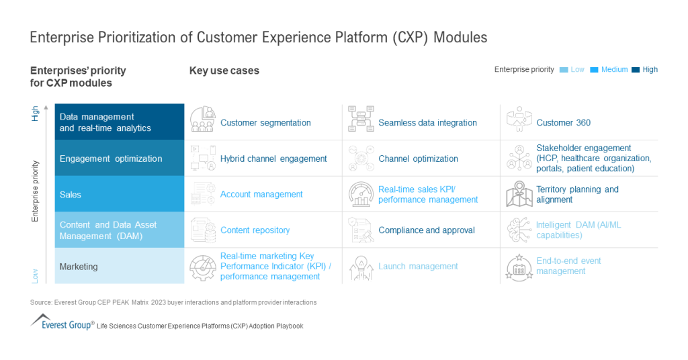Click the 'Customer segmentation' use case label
pos(265,123)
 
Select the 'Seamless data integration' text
pos(427,123)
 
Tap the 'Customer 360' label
pos(563,123)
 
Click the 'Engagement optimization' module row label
pos(111,159)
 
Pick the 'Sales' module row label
pos(71,195)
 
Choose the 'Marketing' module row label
pos(79,267)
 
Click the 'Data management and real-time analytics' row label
pos(105,122)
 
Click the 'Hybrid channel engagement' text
pos(273,159)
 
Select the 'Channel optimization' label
pos(418,159)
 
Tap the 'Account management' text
pos(261,195)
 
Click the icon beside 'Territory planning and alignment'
pos(519,194)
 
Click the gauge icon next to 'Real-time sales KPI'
pos(361,194)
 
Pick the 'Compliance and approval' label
pos(426,230)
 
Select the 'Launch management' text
pos(418,267)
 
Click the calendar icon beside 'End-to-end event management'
pos(519,267)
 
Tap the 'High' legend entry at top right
pos(650,70)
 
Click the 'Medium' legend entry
pos(614,70)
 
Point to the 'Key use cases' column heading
pos(224,71)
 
